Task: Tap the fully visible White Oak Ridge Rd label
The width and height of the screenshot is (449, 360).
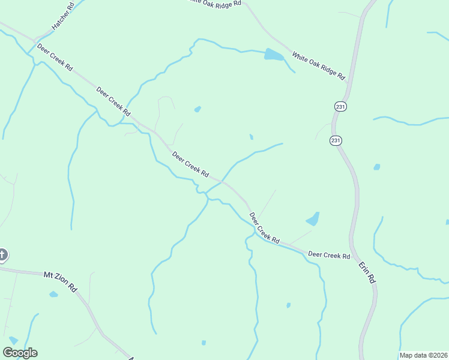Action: [x=319, y=66]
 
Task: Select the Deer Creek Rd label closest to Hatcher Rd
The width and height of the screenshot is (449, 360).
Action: [x=55, y=58]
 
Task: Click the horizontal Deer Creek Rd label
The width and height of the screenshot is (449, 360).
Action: [x=329, y=255]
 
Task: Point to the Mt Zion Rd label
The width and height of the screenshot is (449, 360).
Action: [x=61, y=281]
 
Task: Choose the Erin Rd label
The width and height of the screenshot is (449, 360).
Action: [x=366, y=272]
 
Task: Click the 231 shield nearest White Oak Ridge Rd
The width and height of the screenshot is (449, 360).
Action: [x=340, y=106]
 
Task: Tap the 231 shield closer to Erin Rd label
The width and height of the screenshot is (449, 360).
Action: [x=336, y=140]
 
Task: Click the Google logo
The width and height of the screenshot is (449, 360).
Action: [x=20, y=353]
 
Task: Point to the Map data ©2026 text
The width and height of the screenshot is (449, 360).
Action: [x=423, y=355]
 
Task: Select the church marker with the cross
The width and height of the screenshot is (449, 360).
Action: [x=2, y=255]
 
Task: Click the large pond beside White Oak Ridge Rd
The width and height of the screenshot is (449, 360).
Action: [x=273, y=55]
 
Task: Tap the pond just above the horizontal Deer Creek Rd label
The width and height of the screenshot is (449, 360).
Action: [x=313, y=219]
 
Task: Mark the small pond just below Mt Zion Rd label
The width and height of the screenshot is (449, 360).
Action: [x=53, y=294]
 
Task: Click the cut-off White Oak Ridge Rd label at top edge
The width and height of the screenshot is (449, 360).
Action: [x=214, y=2]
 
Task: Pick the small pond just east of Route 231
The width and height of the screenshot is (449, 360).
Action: [x=376, y=167]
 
